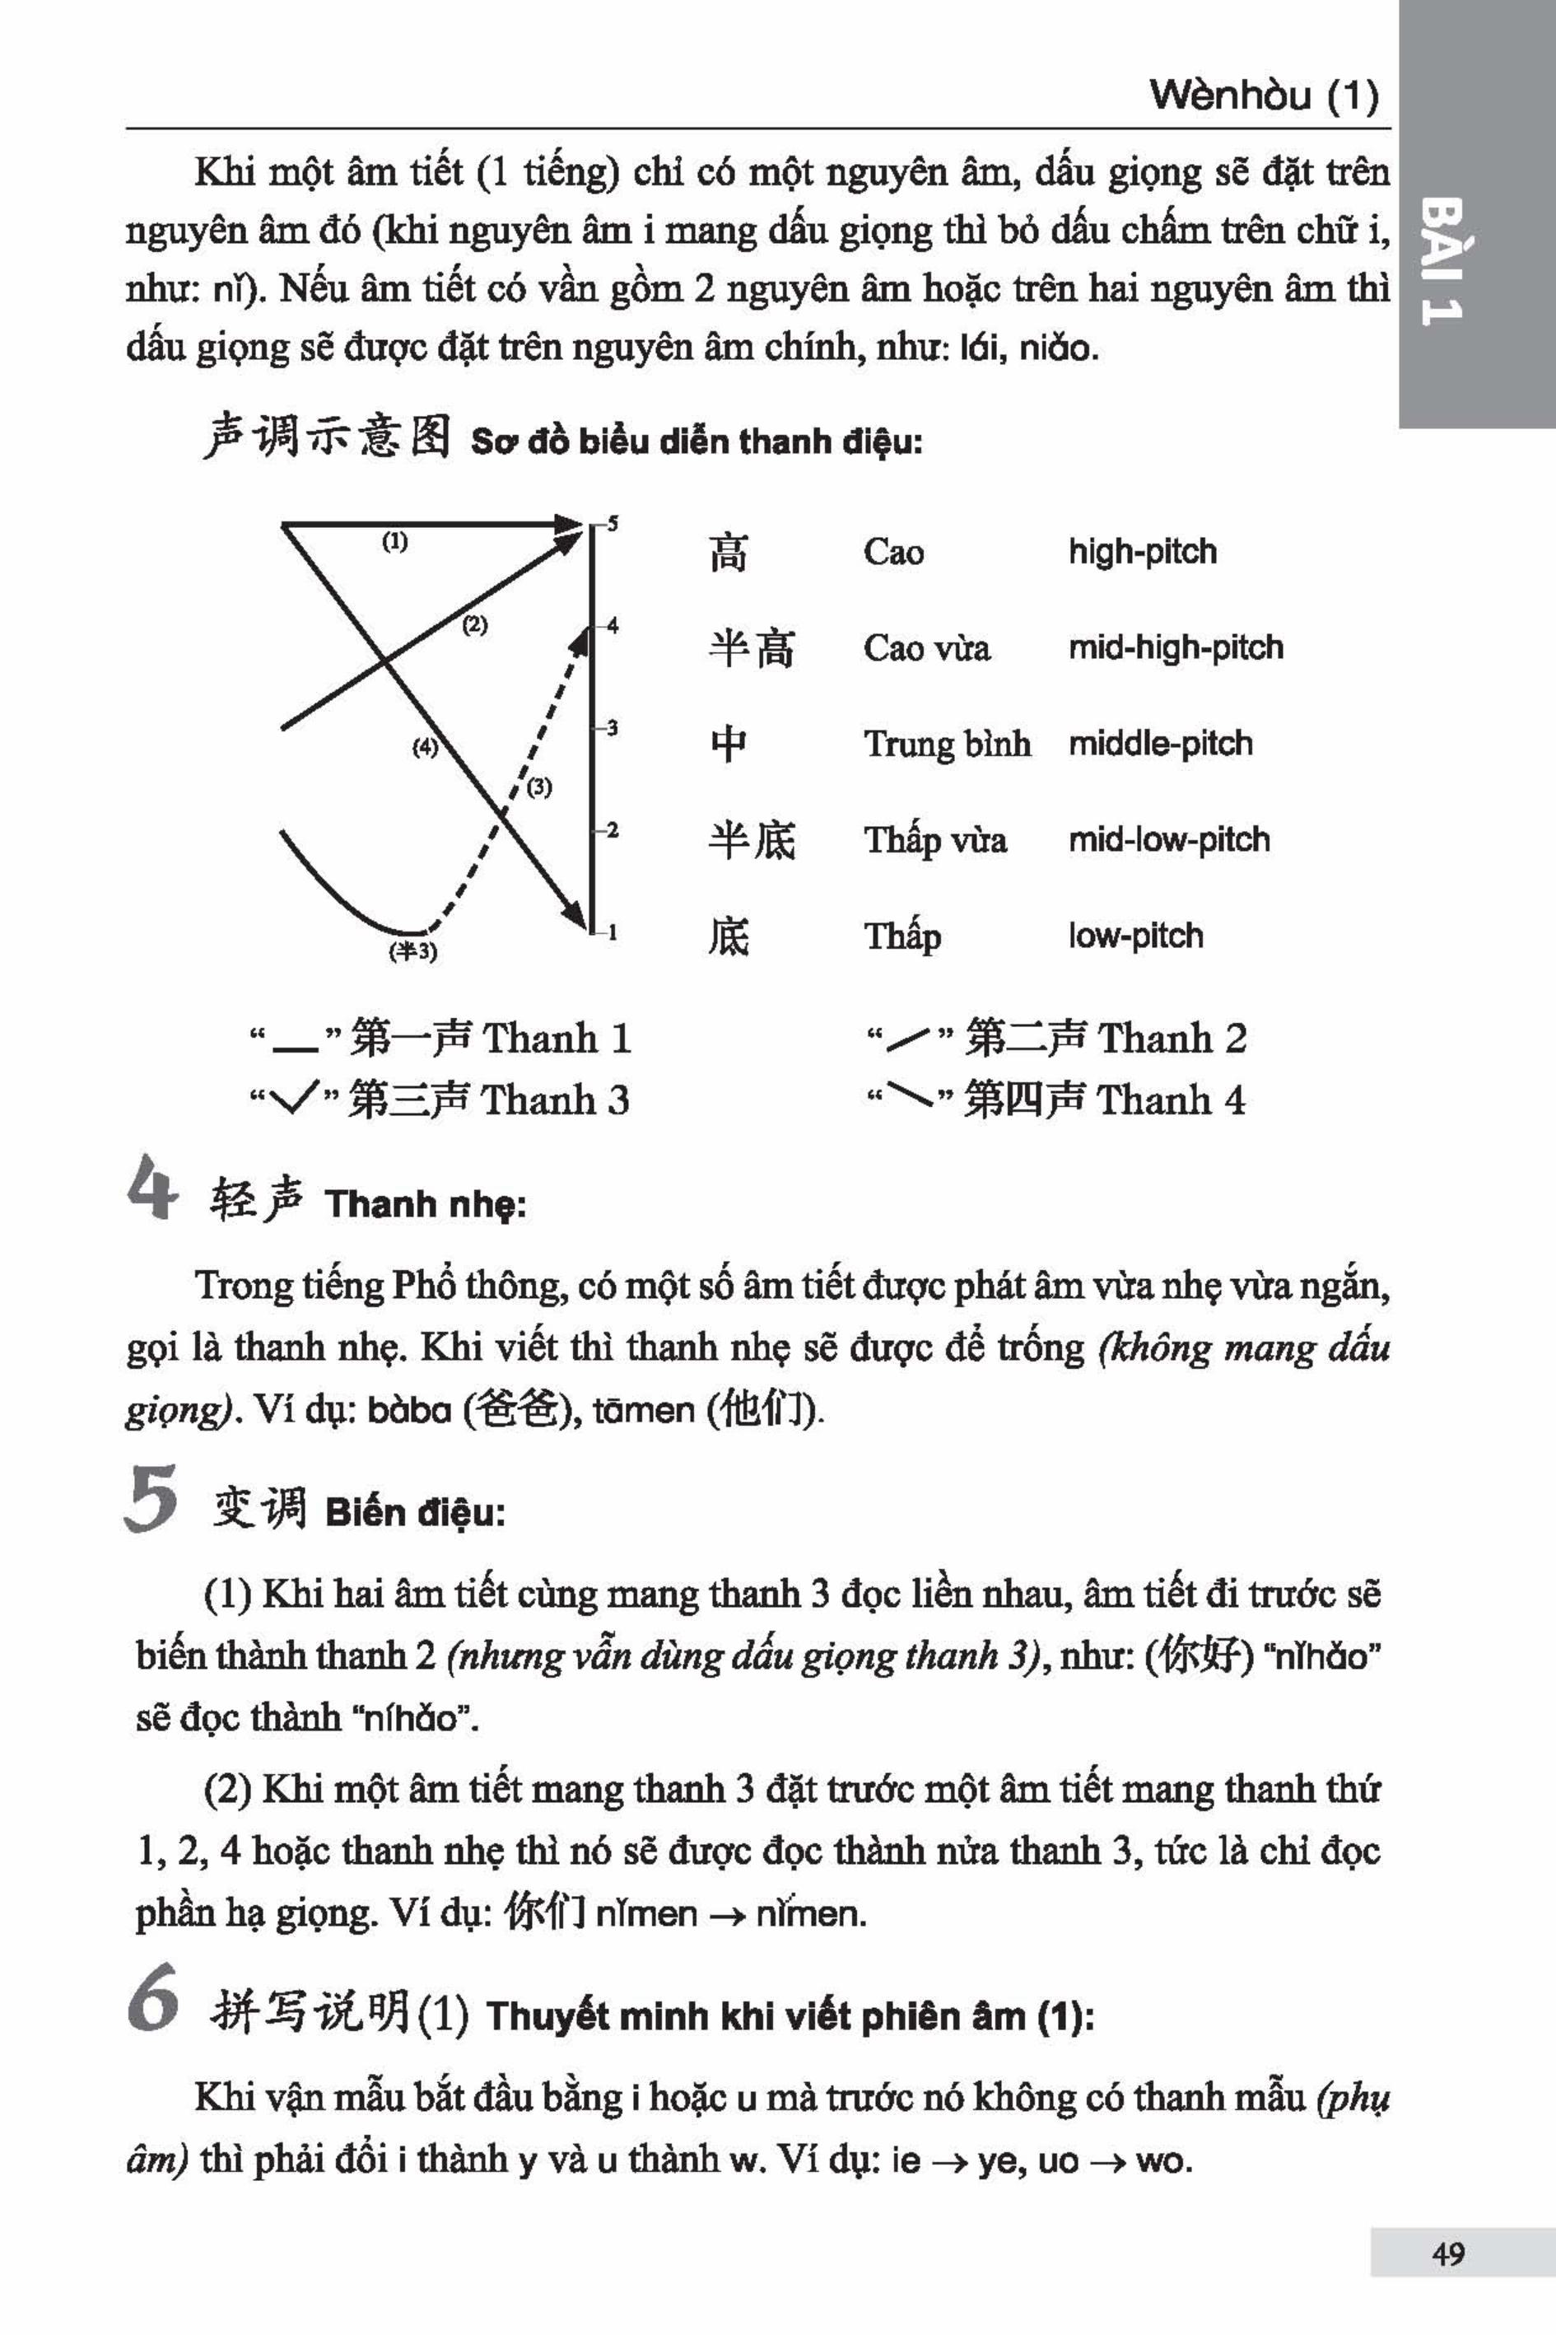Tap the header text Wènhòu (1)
click(1263, 96)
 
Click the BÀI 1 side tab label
click(1442, 261)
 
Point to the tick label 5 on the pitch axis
click(613, 523)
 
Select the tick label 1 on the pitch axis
click(613, 932)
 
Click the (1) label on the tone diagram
click(395, 542)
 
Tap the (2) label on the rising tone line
click(475, 624)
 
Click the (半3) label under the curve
click(412, 951)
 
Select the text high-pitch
click(1142, 551)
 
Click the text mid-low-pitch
click(1169, 839)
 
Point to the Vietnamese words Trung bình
click(947, 744)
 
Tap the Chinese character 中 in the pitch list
click(729, 744)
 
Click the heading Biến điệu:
click(415, 1513)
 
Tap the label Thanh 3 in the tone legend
click(555, 1100)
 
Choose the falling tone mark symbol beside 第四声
click(909, 1097)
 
